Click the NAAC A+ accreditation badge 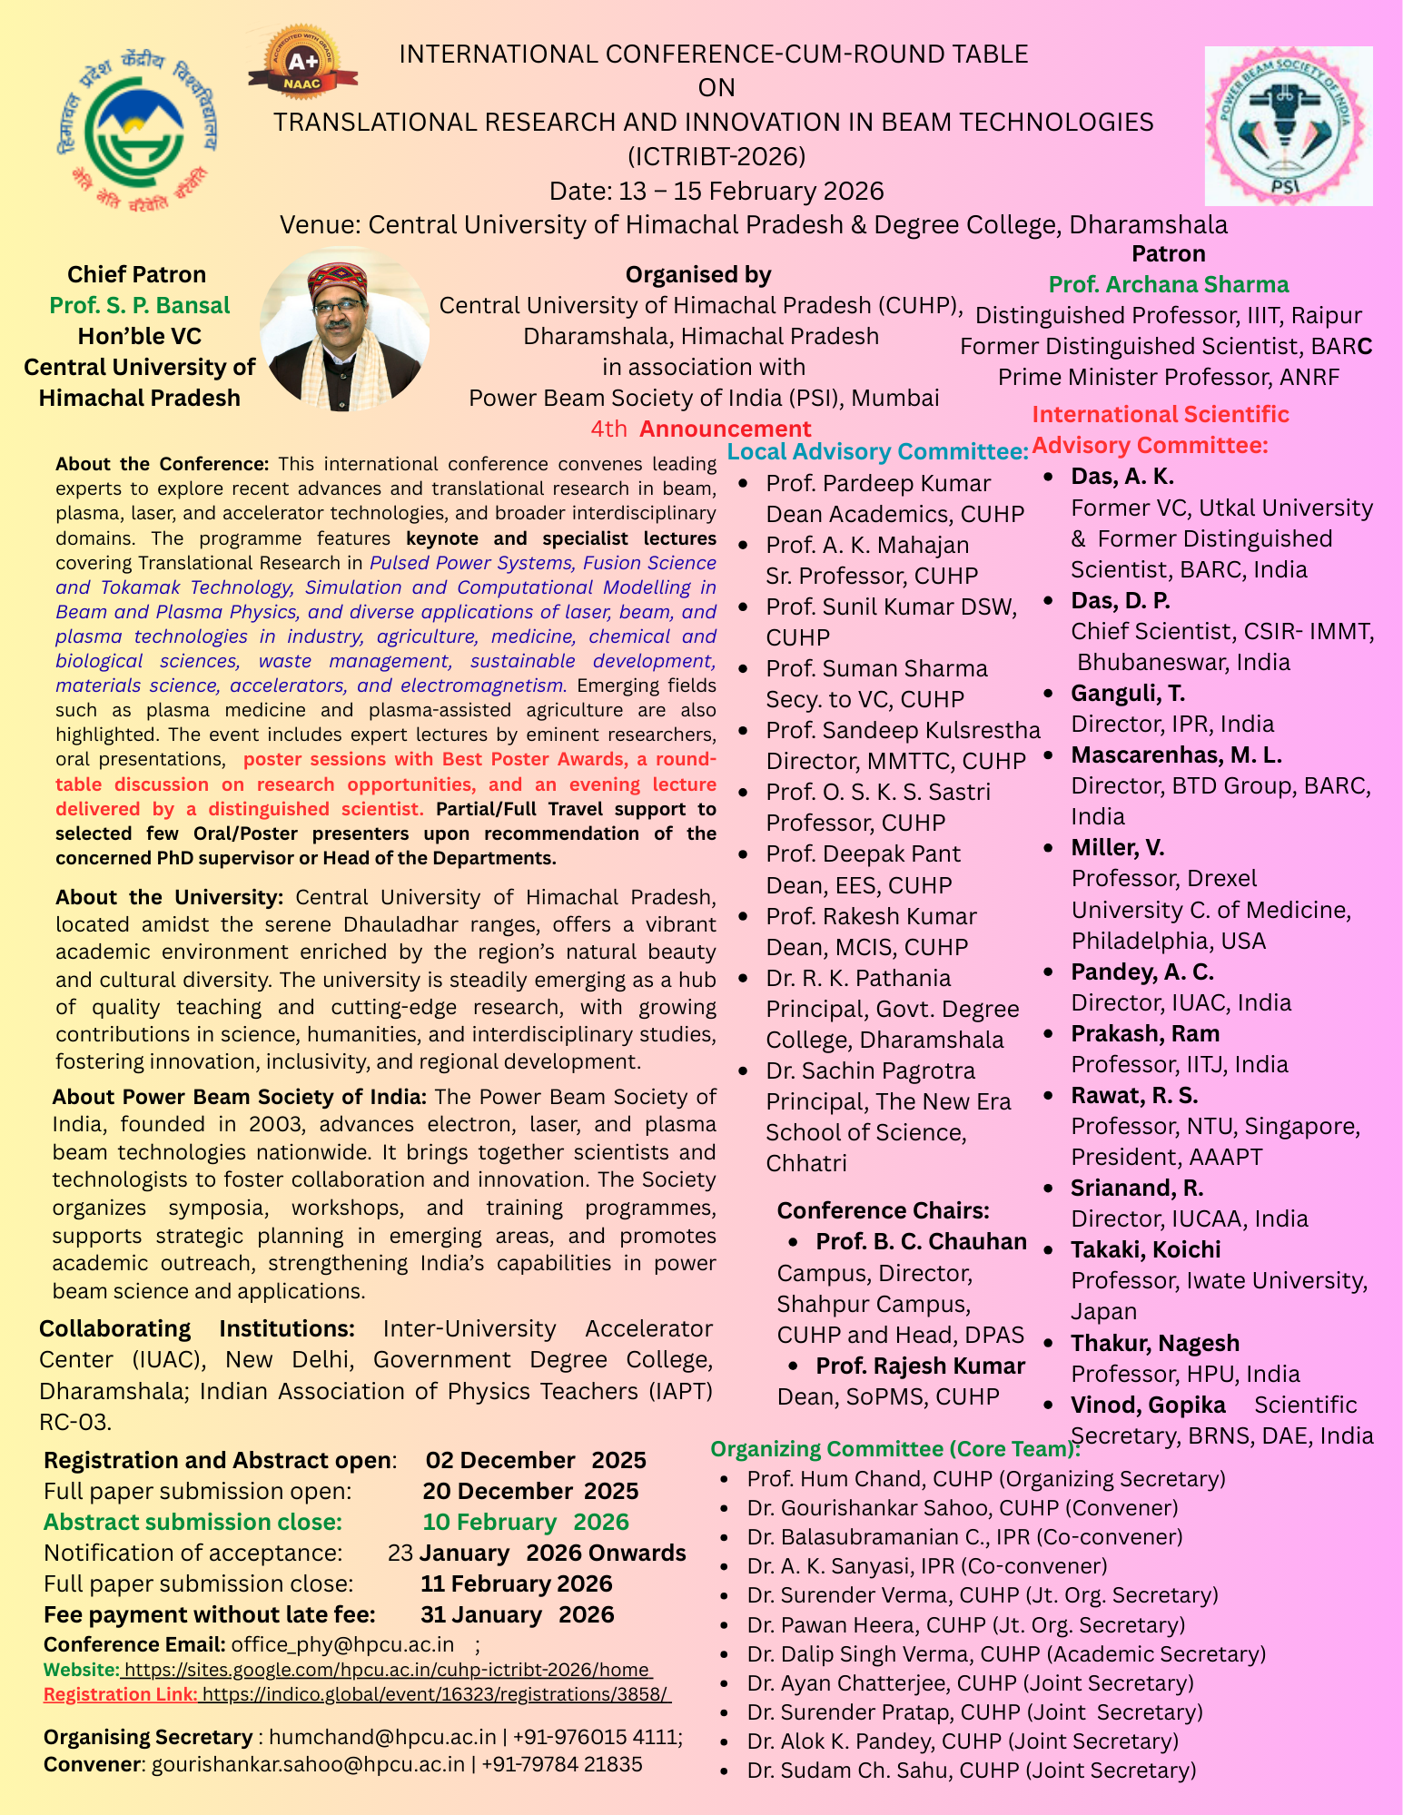click(x=302, y=62)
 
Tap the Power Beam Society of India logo click(x=1288, y=126)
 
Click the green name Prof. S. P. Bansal click(x=140, y=305)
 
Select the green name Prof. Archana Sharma click(x=1168, y=284)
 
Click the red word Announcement click(x=725, y=429)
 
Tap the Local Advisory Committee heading click(x=877, y=451)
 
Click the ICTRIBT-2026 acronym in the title click(x=716, y=157)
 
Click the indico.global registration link click(x=436, y=1693)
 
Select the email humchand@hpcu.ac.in click(x=382, y=1736)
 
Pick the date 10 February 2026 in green click(x=525, y=1522)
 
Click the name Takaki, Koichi click(x=1145, y=1249)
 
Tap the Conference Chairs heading click(x=883, y=1210)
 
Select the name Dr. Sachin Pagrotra click(x=870, y=1070)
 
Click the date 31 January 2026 click(x=517, y=1614)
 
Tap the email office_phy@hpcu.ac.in click(x=342, y=1644)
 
